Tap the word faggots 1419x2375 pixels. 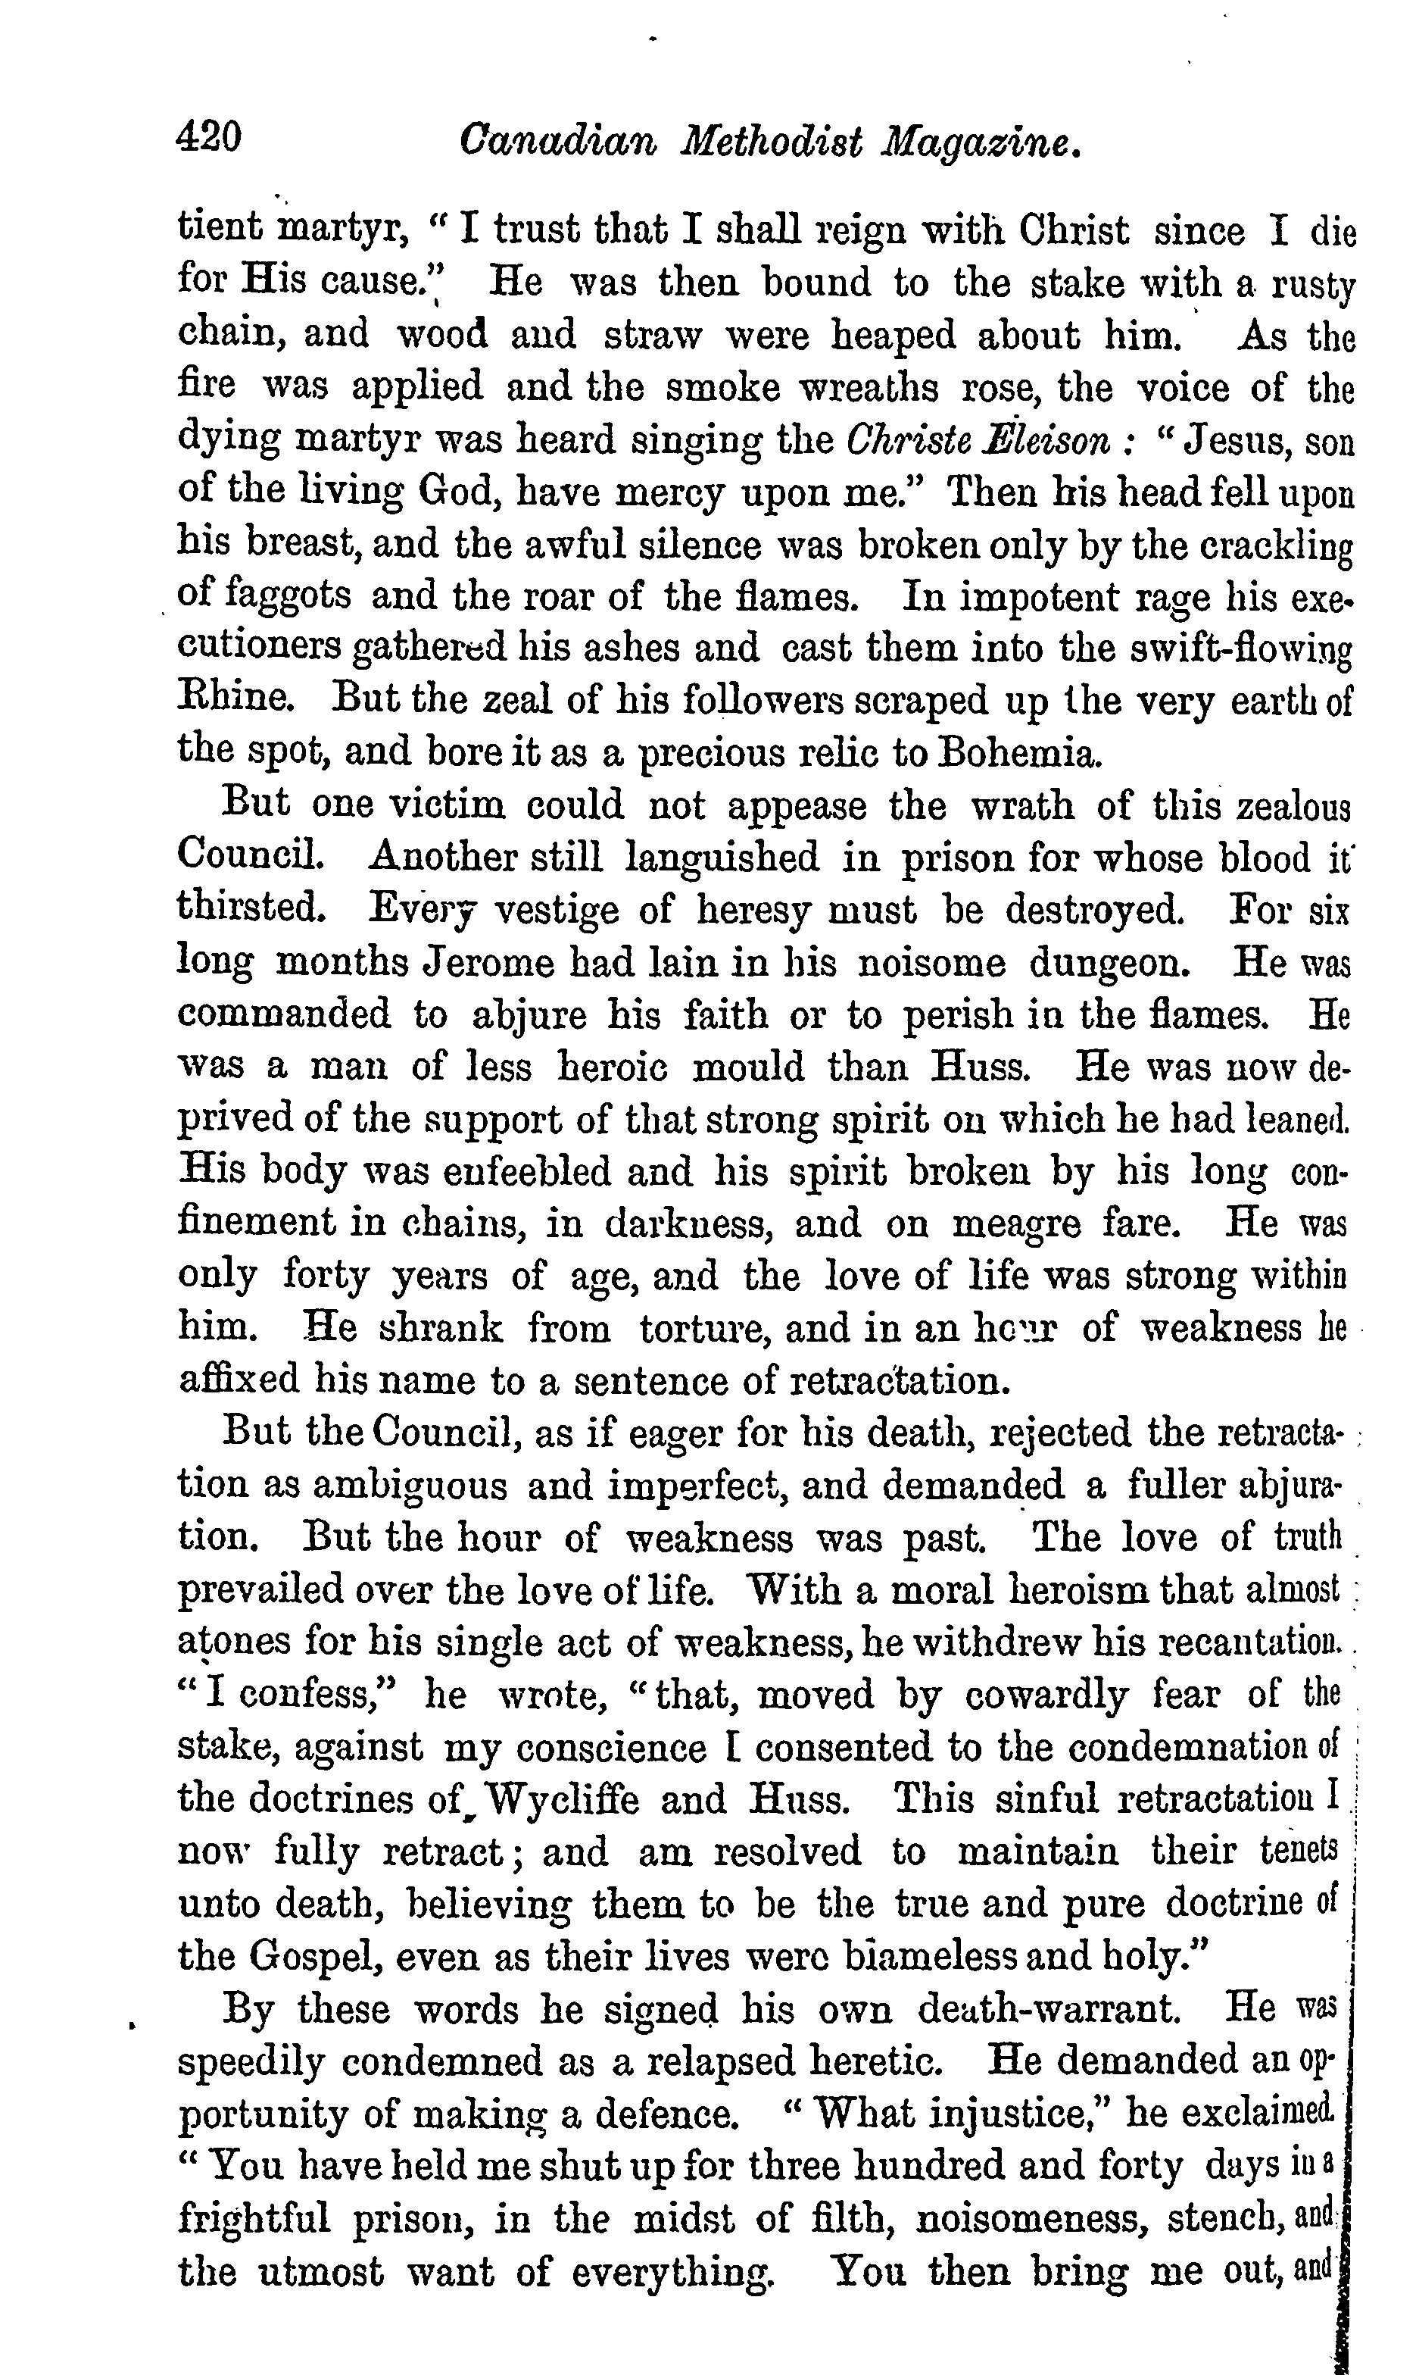coord(288,598)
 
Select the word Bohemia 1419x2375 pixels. coord(1021,754)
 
